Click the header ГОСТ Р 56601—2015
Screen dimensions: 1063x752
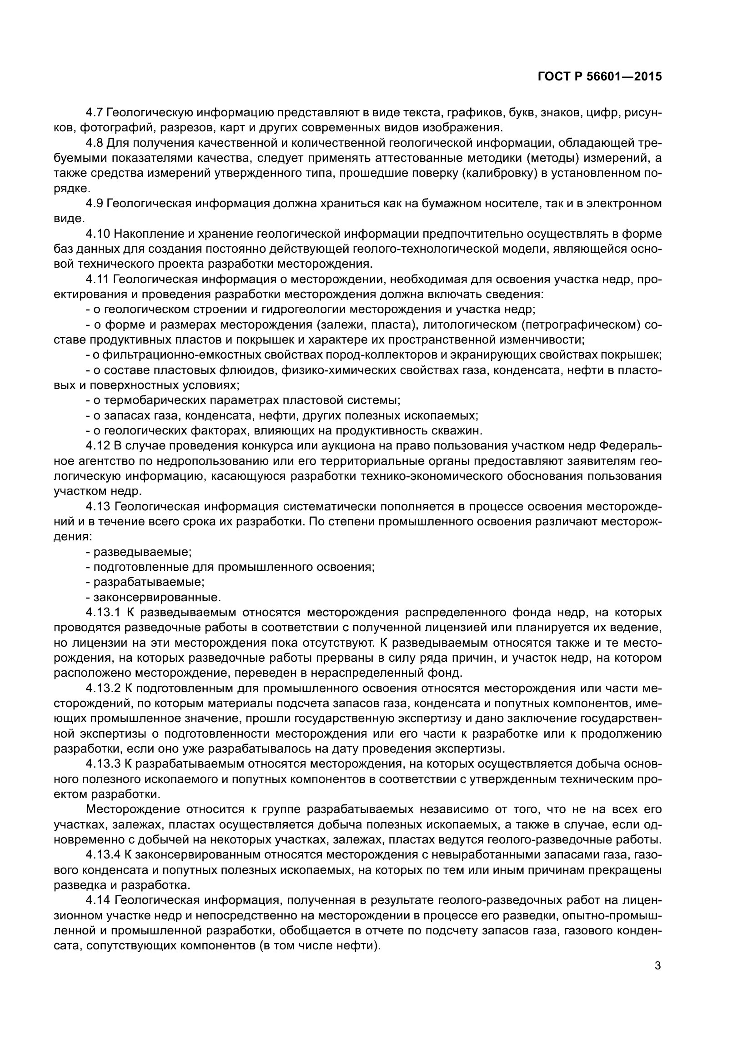click(x=600, y=76)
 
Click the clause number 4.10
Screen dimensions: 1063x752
click(x=98, y=234)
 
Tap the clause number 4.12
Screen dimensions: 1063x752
click(x=98, y=446)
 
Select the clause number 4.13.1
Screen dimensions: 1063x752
click(x=103, y=613)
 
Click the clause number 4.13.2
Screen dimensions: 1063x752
click(x=103, y=689)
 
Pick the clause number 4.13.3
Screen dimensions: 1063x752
click(x=103, y=764)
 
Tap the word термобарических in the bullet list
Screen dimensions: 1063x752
click(x=155, y=400)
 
